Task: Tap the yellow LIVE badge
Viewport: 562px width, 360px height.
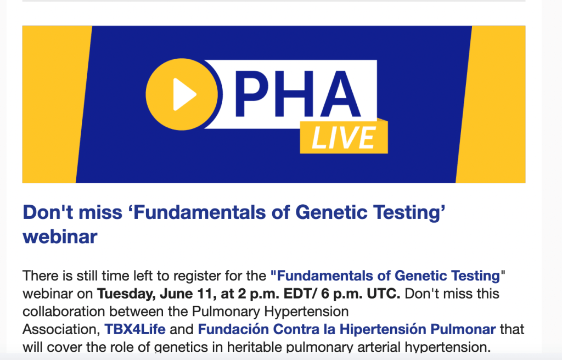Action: point(344,137)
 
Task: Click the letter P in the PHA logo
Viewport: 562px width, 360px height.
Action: point(252,94)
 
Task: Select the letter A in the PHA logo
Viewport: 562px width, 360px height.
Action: point(340,94)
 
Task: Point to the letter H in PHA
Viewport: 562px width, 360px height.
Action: point(295,94)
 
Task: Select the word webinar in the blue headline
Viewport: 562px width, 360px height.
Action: point(60,237)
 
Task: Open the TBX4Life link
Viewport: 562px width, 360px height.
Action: point(135,329)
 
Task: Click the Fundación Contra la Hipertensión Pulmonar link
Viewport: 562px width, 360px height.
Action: point(347,329)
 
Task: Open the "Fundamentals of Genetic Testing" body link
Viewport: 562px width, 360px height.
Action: point(386,275)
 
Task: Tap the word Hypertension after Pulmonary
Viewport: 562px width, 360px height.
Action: point(306,312)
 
